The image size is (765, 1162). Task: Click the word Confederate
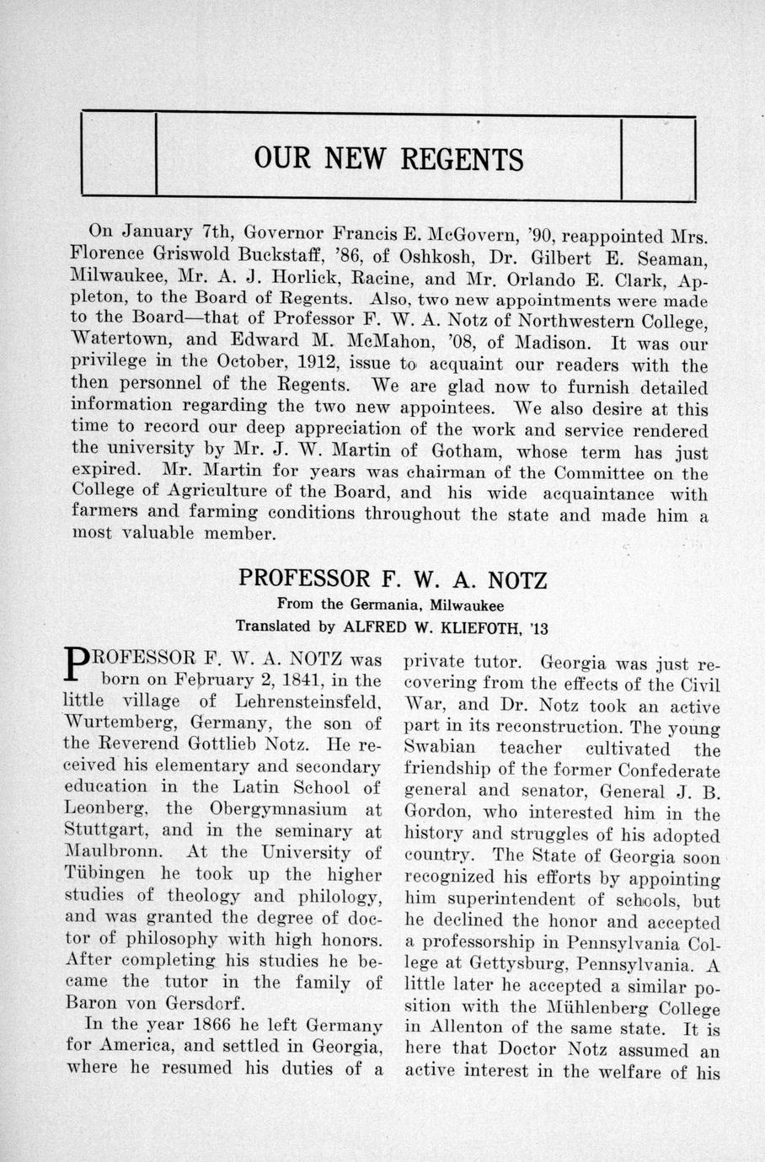point(669,770)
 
